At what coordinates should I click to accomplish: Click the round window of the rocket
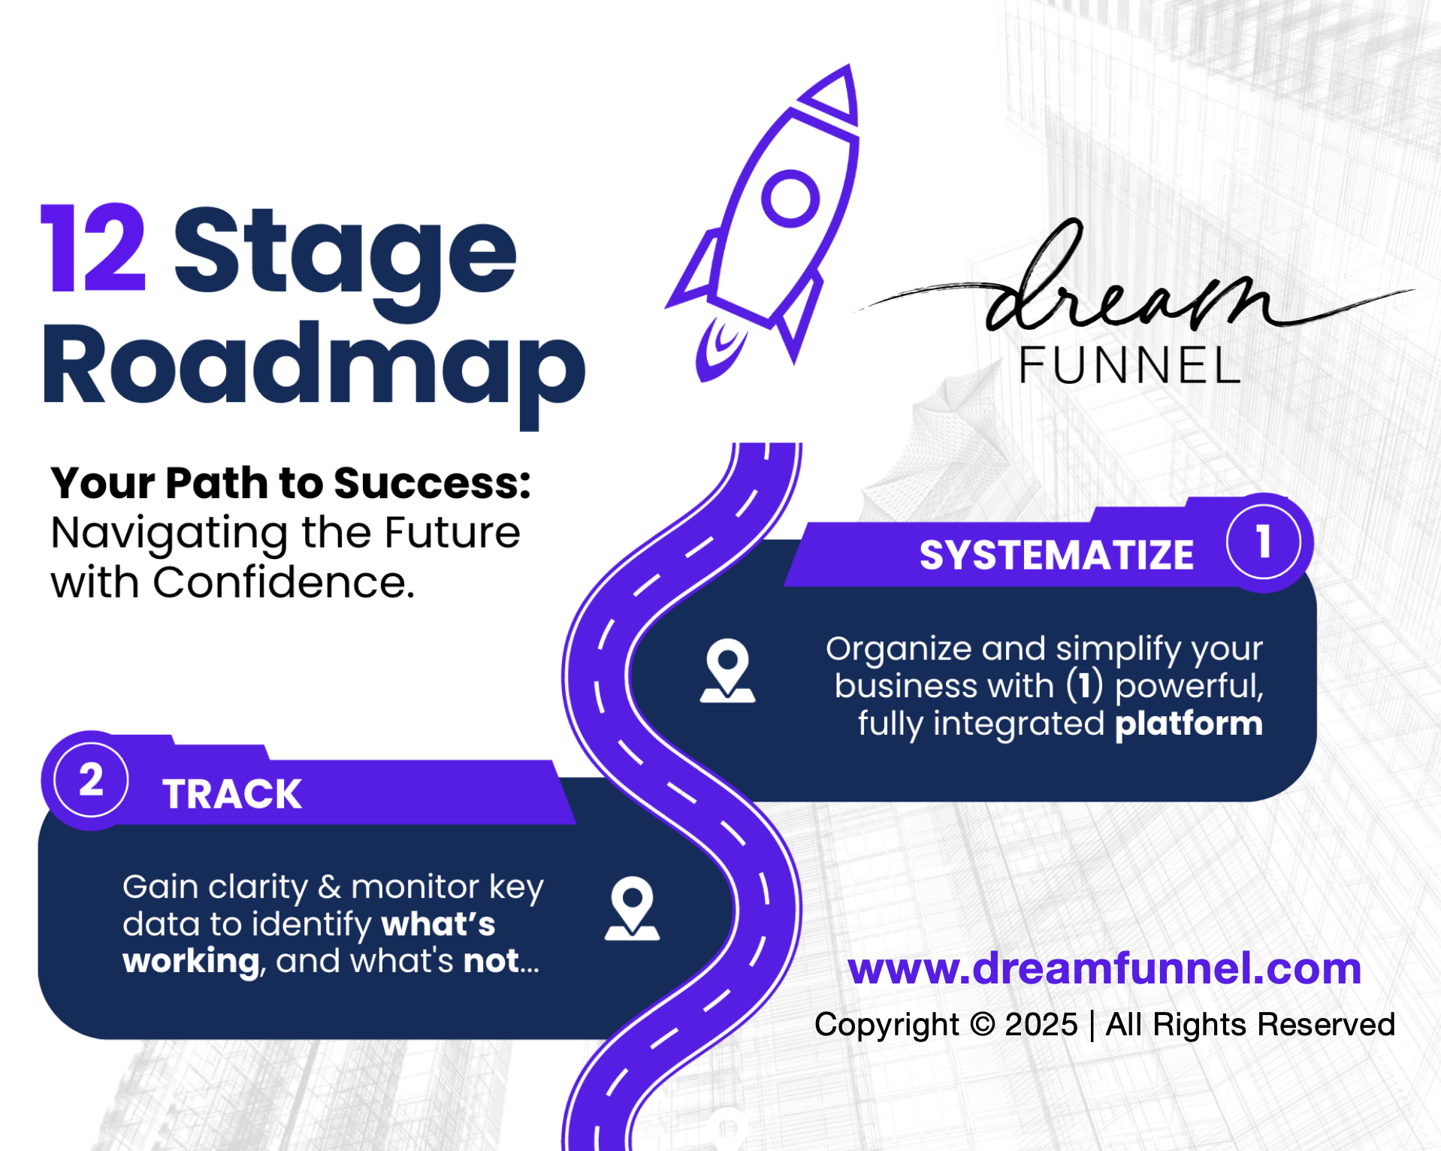click(x=790, y=199)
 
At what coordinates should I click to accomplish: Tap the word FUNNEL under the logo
click(x=1129, y=366)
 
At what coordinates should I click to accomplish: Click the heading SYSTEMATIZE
click(x=1056, y=555)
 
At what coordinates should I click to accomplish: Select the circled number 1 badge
click(x=1264, y=542)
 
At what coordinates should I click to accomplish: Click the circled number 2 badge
click(x=91, y=780)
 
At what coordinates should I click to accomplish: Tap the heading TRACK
click(x=232, y=794)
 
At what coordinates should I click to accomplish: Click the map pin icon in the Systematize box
click(x=727, y=670)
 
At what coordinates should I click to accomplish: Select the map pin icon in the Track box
click(x=632, y=908)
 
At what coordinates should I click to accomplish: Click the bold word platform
click(x=1189, y=724)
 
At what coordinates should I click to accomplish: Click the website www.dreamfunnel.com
click(x=1104, y=968)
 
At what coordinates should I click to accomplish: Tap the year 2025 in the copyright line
click(x=1041, y=1025)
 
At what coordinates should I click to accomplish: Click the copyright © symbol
click(x=982, y=1025)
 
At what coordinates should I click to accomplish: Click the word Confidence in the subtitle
click(x=283, y=583)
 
